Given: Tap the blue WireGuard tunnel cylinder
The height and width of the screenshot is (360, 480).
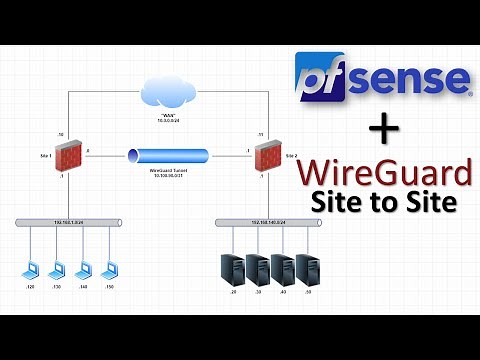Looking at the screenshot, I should pos(168,157).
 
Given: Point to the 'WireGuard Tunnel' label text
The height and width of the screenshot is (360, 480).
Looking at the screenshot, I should pos(168,172).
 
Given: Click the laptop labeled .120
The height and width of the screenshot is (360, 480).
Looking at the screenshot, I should pos(33,271).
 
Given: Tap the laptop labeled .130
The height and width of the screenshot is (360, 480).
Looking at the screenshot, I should pos(59,271).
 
